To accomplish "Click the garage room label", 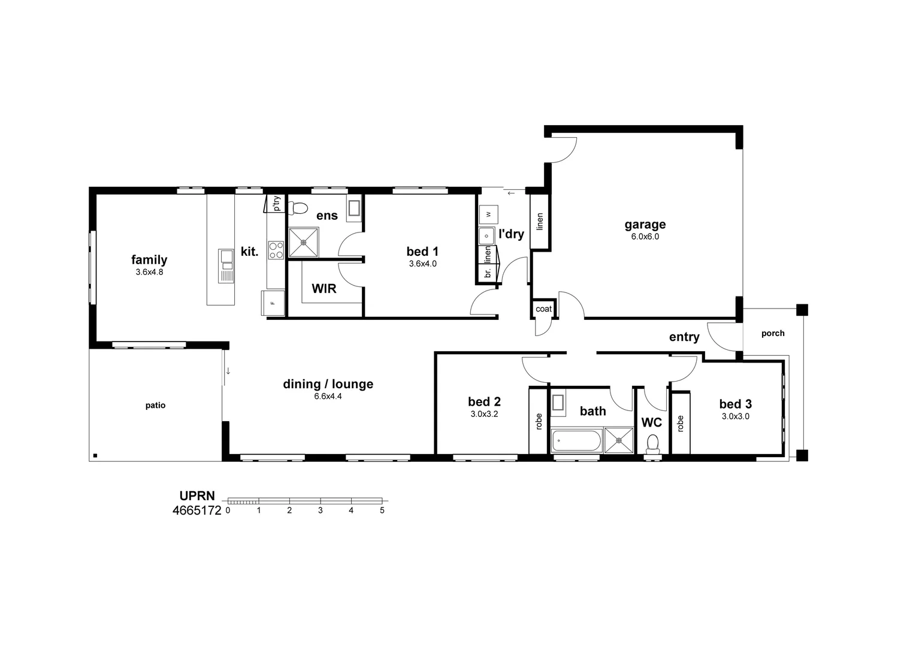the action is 645,225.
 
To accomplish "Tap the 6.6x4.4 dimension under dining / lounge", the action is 328,396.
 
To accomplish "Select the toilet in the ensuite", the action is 299,208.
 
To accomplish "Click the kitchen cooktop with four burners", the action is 276,250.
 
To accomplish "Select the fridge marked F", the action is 273,303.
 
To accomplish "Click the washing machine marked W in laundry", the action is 488,214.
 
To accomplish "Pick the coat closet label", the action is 543,309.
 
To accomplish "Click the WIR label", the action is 324,289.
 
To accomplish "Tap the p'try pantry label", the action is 277,203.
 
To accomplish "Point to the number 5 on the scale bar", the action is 382,510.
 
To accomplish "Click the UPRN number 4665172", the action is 196,510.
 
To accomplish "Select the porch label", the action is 773,333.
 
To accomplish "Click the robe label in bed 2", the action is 539,422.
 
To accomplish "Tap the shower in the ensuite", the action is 303,243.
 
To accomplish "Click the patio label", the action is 155,406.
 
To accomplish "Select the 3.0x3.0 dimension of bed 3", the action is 735,416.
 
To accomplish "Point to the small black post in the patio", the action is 95,455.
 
